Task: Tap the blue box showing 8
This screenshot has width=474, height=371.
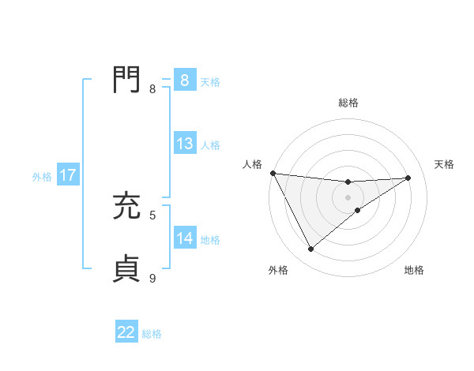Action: pyautogui.click(x=184, y=81)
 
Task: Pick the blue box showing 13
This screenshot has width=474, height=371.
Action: pyautogui.click(x=184, y=144)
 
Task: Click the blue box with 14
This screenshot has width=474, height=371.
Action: pyautogui.click(x=184, y=238)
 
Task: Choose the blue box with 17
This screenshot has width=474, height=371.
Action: pyautogui.click(x=68, y=175)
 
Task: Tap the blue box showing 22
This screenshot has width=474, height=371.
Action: pyautogui.click(x=126, y=332)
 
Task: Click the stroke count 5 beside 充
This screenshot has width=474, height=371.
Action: pyautogui.click(x=152, y=215)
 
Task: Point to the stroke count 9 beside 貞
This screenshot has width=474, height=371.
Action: pyautogui.click(x=152, y=278)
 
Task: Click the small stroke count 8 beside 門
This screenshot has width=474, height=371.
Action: pyautogui.click(x=152, y=88)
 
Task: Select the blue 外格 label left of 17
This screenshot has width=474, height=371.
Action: pyautogui.click(x=42, y=177)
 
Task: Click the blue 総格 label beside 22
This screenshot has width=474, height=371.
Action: pyautogui.click(x=152, y=334)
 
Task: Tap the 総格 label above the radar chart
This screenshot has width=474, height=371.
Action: pyautogui.click(x=348, y=103)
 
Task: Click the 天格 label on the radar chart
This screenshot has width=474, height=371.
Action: pyautogui.click(x=444, y=164)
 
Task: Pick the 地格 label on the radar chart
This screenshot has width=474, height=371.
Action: pyautogui.click(x=414, y=271)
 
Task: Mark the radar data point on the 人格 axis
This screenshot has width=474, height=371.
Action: pyautogui.click(x=273, y=173)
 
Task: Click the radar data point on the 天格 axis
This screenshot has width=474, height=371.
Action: pyautogui.click(x=408, y=178)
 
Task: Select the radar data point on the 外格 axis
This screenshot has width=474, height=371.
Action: pyautogui.click(x=310, y=249)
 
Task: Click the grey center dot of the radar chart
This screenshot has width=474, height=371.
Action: pyautogui.click(x=348, y=197)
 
